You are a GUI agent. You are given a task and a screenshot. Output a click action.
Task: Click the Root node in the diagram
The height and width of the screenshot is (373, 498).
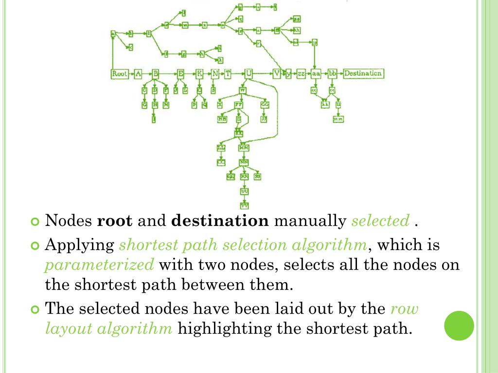pos(120,74)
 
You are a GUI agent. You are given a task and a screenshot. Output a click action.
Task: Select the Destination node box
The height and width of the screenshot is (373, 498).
pos(363,74)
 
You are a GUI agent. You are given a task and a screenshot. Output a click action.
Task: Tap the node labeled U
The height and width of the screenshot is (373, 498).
pos(249,74)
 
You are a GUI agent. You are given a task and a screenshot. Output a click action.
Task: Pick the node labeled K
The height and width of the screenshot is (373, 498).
pos(199,74)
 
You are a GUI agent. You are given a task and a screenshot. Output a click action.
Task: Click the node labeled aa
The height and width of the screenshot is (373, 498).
pos(316,74)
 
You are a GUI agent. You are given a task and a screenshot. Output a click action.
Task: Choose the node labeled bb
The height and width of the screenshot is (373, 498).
pos(333,74)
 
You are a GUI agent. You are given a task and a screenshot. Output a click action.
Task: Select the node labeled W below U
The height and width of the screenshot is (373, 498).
pos(242,90)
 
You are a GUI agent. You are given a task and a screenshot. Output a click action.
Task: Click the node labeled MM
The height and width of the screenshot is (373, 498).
pos(244,147)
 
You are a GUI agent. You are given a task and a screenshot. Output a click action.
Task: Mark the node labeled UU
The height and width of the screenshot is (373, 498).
pos(244,191)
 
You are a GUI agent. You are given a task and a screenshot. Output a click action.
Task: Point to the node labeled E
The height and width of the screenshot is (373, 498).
pos(181,74)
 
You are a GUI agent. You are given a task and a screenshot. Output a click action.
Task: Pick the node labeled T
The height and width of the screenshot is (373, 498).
pos(228,74)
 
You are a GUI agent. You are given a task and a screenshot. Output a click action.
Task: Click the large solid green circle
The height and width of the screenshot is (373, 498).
pos(459,326)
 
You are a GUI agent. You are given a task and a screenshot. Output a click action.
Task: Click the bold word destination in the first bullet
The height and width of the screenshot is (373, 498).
pos(220,221)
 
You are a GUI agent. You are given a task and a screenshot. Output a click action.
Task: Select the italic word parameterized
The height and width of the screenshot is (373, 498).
pos(99,265)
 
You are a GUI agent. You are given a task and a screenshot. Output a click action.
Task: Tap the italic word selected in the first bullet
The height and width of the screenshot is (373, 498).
pos(380,221)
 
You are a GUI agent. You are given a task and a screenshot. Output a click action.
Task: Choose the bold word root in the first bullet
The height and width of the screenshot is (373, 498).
pos(115,221)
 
